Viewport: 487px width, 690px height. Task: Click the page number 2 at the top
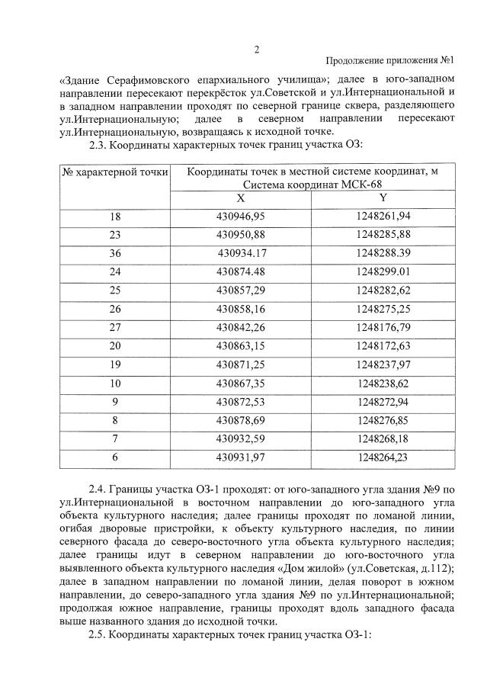[257, 50]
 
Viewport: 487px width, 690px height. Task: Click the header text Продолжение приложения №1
[390, 61]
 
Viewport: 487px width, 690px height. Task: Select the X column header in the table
[240, 197]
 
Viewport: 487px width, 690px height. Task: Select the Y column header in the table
[383, 197]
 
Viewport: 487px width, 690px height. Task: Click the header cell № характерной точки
[114, 174]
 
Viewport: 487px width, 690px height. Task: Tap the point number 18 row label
[115, 217]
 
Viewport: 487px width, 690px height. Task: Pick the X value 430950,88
[240, 233]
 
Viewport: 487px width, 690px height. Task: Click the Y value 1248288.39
[383, 250]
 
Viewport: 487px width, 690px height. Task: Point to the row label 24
[115, 271]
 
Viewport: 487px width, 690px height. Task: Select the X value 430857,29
[240, 290]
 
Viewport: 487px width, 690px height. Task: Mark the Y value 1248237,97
[383, 364]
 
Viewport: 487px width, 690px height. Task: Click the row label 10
[115, 383]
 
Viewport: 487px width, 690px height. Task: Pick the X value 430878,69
[240, 419]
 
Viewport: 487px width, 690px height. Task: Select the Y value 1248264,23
[383, 457]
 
